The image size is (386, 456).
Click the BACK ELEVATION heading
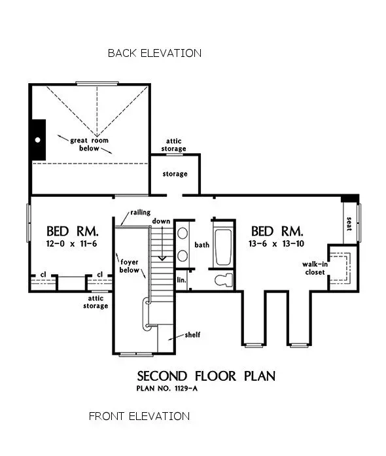click(x=154, y=53)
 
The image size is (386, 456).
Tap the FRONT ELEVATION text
click(x=139, y=416)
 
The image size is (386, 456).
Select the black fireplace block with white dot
click(x=39, y=140)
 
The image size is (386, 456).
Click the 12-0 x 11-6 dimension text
click(x=73, y=243)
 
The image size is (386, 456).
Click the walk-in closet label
click(x=313, y=268)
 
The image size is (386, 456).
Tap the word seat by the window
click(x=349, y=223)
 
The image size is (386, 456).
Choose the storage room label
click(x=175, y=174)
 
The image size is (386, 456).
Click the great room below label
click(x=85, y=144)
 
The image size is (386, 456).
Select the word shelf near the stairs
click(x=192, y=334)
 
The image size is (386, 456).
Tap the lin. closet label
click(x=182, y=279)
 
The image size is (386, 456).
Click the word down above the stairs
click(x=162, y=221)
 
